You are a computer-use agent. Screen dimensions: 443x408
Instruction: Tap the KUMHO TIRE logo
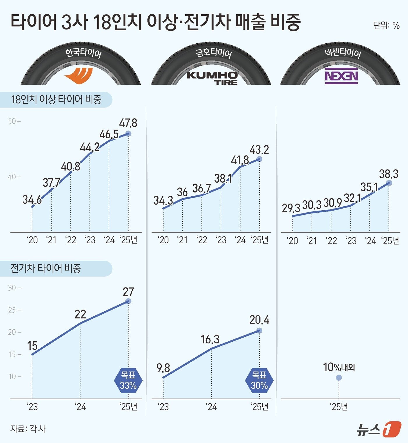pyautogui.click(x=212, y=78)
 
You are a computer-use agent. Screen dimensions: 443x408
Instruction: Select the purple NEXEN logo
pyautogui.click(x=341, y=76)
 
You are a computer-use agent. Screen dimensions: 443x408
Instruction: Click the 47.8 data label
pyautogui.click(x=128, y=123)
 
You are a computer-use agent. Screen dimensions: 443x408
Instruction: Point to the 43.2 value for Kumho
pyautogui.click(x=259, y=150)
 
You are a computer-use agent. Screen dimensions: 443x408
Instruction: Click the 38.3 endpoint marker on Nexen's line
pyautogui.click(x=389, y=183)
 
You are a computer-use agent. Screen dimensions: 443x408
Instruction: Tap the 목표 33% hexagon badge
pyautogui.click(x=128, y=380)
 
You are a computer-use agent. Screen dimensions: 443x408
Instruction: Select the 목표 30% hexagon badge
pyautogui.click(x=259, y=380)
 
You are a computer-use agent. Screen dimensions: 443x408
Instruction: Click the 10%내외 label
pyautogui.click(x=339, y=367)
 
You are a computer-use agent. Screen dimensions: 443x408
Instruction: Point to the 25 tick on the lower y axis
pyautogui.click(x=14, y=310)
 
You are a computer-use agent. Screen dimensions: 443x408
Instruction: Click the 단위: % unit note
pyautogui.click(x=386, y=25)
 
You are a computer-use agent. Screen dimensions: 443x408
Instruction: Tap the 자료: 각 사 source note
pyautogui.click(x=28, y=429)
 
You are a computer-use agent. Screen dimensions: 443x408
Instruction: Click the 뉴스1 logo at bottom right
pyautogui.click(x=379, y=429)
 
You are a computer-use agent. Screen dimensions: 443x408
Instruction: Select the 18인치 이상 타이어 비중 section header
pyautogui.click(x=56, y=100)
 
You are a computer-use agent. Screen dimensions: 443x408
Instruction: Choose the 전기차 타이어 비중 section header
pyautogui.click(x=45, y=268)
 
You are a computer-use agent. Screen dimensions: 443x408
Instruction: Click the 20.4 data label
pyautogui.click(x=259, y=320)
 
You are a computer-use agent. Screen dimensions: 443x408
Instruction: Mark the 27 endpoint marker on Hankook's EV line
pyautogui.click(x=128, y=301)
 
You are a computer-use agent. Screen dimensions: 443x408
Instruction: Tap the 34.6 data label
pyautogui.click(x=32, y=200)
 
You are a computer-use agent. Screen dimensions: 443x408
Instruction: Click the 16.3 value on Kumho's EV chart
pyautogui.click(x=210, y=339)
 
